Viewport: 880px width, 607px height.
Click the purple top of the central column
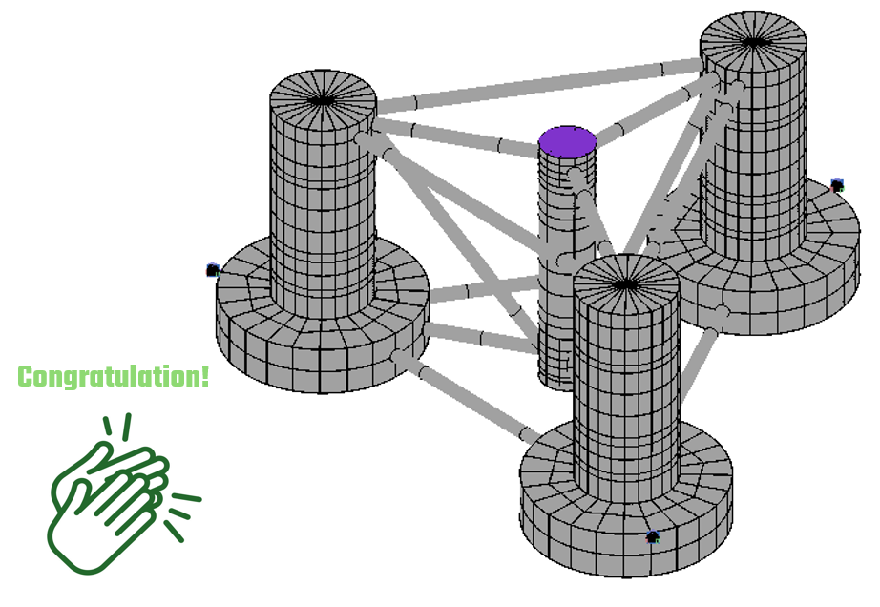tap(567, 141)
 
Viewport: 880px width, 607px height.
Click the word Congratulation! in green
tap(113, 376)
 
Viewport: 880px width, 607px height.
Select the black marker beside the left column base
tap(213, 271)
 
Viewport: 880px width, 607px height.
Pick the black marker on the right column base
tap(837, 185)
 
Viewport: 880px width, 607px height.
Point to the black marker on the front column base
tap(653, 537)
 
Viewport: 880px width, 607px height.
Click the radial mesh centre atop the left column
tap(322, 99)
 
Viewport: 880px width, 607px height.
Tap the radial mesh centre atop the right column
tap(754, 41)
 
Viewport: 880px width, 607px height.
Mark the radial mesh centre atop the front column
tap(625, 283)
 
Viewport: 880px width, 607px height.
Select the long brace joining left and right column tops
tap(534, 84)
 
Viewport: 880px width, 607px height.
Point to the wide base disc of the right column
tap(802, 286)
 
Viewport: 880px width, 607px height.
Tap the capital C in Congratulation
tap(27, 377)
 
